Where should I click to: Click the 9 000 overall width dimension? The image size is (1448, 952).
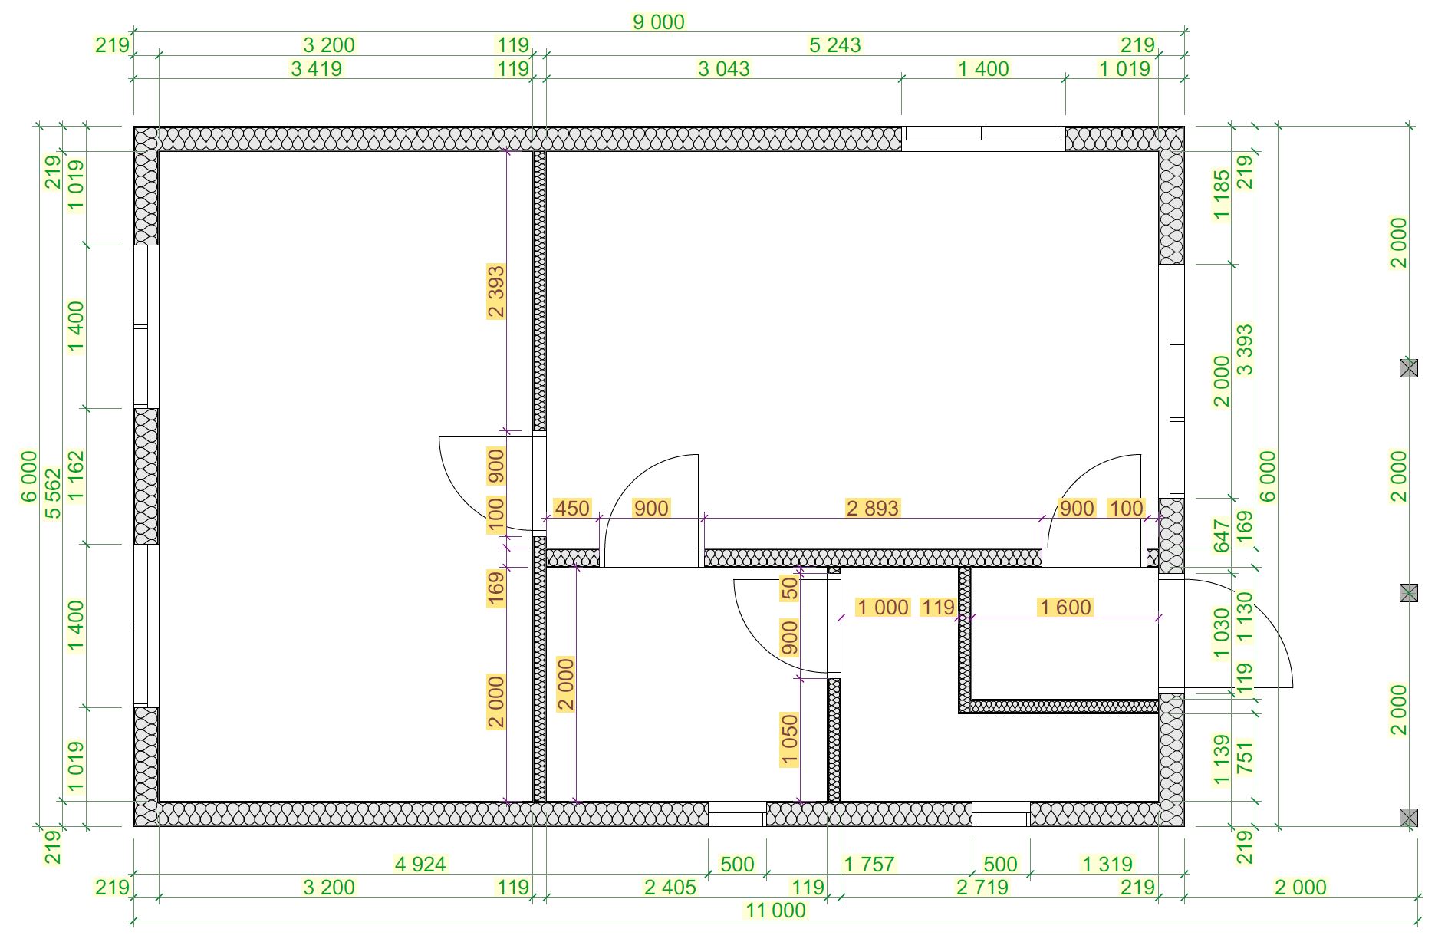(x=658, y=22)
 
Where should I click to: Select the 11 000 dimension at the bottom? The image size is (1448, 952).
(x=775, y=911)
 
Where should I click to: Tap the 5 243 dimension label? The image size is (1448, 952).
(x=835, y=45)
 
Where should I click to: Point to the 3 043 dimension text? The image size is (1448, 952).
(x=723, y=69)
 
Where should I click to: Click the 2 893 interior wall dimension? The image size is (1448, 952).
(x=872, y=508)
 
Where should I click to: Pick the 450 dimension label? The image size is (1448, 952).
(x=572, y=508)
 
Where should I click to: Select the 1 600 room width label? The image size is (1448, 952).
(x=1065, y=608)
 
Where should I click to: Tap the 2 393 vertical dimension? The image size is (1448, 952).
(x=496, y=291)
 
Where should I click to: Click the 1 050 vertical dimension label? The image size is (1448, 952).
(x=789, y=740)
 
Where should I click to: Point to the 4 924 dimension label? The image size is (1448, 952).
(x=420, y=865)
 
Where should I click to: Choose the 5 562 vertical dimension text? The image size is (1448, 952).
(x=53, y=493)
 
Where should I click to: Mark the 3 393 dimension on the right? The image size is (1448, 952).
(x=1245, y=350)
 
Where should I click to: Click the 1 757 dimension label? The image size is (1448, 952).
(x=869, y=865)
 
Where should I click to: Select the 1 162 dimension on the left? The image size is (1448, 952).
(x=76, y=475)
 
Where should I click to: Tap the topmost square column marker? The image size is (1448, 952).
(x=1409, y=368)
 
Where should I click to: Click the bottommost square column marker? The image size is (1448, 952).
(x=1409, y=818)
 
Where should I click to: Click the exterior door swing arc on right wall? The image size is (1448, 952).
(x=1258, y=621)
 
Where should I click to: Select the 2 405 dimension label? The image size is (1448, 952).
(x=670, y=888)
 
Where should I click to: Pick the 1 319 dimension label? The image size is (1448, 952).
(x=1107, y=865)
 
